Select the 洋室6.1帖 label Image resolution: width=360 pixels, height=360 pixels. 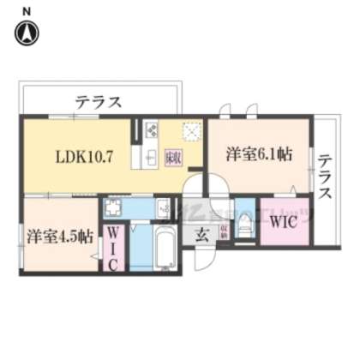tap(258, 154)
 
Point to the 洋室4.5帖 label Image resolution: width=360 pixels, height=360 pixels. tap(59, 237)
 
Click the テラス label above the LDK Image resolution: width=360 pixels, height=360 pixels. tap(98, 102)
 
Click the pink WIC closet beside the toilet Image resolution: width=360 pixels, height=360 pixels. tap(282, 222)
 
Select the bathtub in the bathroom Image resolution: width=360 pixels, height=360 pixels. tap(164, 249)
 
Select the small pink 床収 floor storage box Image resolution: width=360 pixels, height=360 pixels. tap(171, 158)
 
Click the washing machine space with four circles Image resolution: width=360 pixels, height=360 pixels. tap(115, 208)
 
